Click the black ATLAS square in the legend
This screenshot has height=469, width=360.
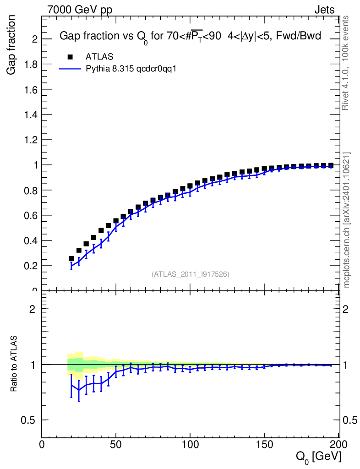(70, 57)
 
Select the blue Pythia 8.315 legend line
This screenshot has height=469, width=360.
(70, 69)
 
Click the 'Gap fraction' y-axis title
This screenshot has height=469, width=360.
(11, 45)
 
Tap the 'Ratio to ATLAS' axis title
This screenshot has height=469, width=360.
(13, 363)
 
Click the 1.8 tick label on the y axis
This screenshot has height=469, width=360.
(31, 64)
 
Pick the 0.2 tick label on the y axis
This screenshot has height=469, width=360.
(31, 266)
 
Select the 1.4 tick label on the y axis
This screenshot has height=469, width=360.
(31, 115)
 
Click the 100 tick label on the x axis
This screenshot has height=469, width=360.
(190, 444)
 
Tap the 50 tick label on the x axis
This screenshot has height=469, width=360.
(116, 444)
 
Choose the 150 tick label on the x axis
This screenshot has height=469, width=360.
(265, 444)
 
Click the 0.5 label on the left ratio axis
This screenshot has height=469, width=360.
(27, 420)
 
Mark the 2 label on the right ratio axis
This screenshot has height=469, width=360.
(346, 309)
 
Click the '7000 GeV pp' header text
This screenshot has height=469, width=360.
(80, 10)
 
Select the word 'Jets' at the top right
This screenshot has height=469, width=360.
(324, 10)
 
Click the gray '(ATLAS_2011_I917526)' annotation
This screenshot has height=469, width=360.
(191, 274)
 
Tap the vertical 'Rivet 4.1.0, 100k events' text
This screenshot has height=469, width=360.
(345, 63)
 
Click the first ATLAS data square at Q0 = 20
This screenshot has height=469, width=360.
(71, 258)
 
